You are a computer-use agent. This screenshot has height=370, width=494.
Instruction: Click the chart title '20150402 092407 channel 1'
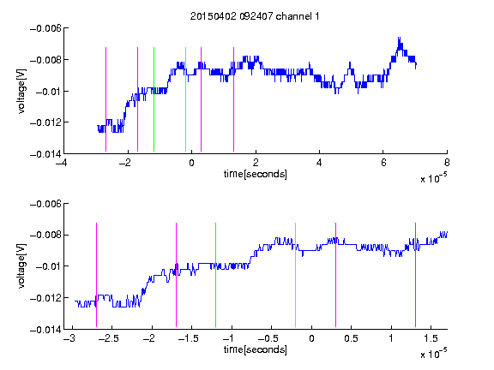(x=255, y=16)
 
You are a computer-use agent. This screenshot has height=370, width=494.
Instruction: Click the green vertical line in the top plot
(x=154, y=99)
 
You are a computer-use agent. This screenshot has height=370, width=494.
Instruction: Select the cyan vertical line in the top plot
(x=185, y=99)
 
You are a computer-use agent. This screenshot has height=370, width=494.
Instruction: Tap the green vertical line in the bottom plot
(x=215, y=275)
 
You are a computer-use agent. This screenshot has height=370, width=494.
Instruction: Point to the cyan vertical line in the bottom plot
(x=296, y=275)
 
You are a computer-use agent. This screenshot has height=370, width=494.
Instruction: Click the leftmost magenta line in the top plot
(x=105, y=99)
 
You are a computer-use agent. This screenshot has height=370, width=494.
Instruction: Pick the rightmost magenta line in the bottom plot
(x=415, y=275)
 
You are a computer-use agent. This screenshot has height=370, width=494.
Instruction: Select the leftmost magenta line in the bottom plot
(x=96, y=275)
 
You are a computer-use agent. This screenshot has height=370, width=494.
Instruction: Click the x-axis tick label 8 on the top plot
(x=447, y=163)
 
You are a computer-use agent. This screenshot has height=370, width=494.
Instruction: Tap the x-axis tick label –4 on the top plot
(x=62, y=163)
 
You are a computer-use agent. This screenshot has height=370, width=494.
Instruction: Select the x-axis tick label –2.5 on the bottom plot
(x=108, y=338)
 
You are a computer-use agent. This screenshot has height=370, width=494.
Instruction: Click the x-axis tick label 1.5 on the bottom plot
(x=431, y=338)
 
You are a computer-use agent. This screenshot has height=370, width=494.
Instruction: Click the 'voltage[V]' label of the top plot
(x=21, y=92)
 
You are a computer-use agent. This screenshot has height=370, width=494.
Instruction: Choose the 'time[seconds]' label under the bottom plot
(x=256, y=349)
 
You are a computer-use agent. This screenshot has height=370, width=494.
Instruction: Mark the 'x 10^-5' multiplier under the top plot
(x=433, y=178)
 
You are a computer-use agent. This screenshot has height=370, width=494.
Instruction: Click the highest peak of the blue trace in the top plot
(x=399, y=38)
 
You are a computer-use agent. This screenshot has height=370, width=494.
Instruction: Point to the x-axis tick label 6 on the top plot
(x=383, y=163)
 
